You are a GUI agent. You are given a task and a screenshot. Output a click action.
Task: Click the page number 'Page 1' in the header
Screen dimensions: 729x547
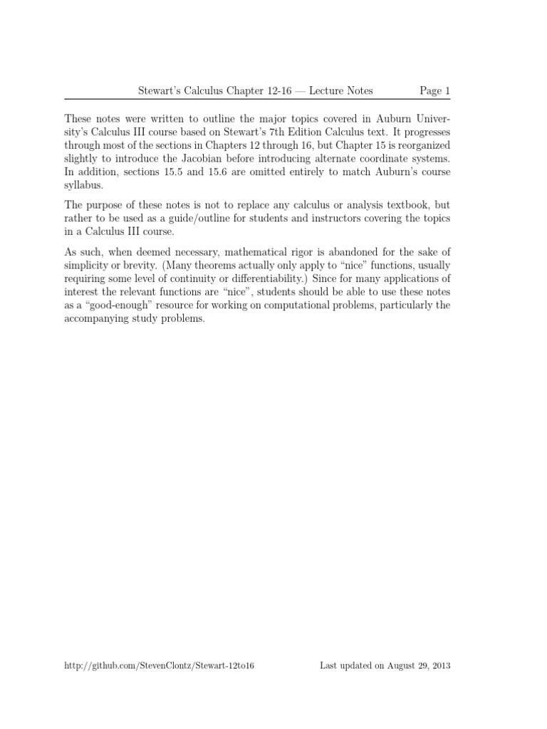point(435,90)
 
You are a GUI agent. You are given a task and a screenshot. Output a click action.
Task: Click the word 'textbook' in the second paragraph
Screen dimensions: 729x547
point(390,206)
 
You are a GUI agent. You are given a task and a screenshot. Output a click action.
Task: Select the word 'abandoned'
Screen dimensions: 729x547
point(351,253)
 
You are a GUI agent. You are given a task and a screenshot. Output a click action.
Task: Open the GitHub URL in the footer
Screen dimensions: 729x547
point(160,666)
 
